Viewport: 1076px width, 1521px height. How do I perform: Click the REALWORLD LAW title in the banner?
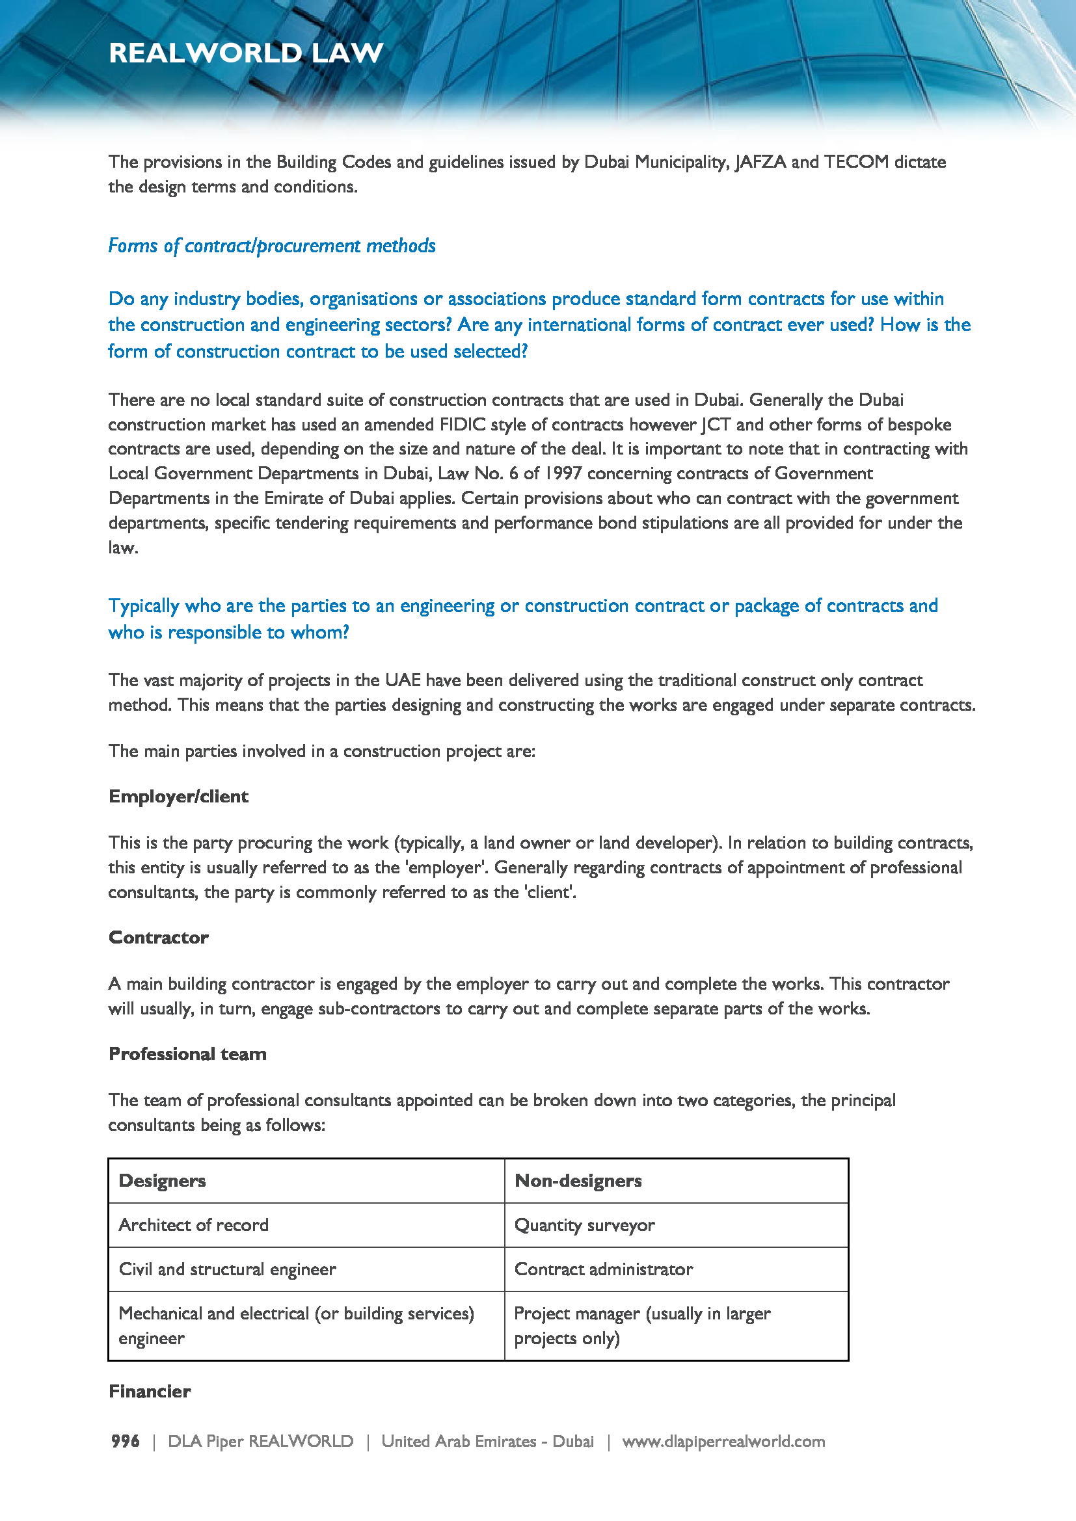click(246, 53)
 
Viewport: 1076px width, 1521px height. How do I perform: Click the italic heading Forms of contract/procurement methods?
click(272, 246)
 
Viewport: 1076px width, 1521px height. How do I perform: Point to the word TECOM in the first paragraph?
click(856, 163)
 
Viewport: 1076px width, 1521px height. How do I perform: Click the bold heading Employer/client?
click(178, 797)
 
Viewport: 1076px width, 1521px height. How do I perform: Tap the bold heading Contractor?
click(158, 938)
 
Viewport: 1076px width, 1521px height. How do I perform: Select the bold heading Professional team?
click(187, 1054)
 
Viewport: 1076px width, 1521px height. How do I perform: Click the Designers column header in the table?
click(163, 1181)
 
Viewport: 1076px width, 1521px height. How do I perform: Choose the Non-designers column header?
click(578, 1181)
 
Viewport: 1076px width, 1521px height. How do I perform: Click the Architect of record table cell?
click(193, 1226)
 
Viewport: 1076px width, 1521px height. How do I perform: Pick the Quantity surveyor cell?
click(584, 1226)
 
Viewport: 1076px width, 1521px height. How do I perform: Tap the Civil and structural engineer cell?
click(227, 1270)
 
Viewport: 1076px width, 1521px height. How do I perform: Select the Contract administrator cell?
click(604, 1270)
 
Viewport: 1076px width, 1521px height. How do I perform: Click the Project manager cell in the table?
click(642, 1325)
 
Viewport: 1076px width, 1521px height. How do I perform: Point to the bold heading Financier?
click(150, 1391)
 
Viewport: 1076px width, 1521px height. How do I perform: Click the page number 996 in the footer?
click(125, 1442)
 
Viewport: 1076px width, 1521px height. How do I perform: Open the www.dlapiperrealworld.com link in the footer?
click(723, 1442)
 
